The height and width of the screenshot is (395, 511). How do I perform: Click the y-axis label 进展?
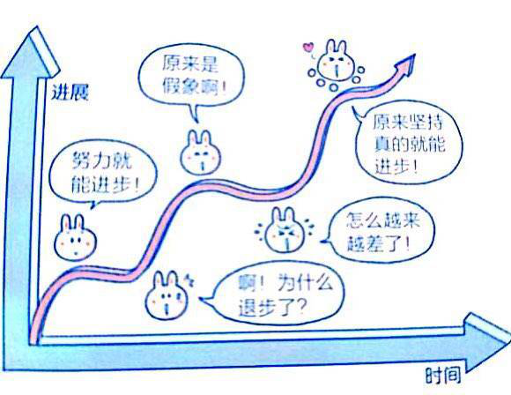coord(70,92)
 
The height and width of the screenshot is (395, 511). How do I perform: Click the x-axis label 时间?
coord(443,376)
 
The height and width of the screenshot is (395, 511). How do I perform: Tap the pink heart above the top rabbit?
coord(307,48)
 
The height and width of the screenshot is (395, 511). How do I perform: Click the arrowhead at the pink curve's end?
coord(406,65)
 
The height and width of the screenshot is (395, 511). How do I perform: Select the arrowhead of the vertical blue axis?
coord(30,52)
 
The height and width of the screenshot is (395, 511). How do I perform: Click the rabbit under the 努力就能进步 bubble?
coord(75,237)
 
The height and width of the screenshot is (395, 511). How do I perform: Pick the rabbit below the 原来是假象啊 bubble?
coord(200,153)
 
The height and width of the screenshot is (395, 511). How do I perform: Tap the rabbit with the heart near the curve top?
coord(336,62)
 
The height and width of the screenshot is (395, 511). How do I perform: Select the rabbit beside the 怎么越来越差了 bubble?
coord(285,229)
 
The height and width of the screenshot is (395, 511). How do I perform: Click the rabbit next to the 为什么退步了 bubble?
coord(167,295)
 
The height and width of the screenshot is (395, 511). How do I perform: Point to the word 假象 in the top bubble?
coord(181,86)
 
